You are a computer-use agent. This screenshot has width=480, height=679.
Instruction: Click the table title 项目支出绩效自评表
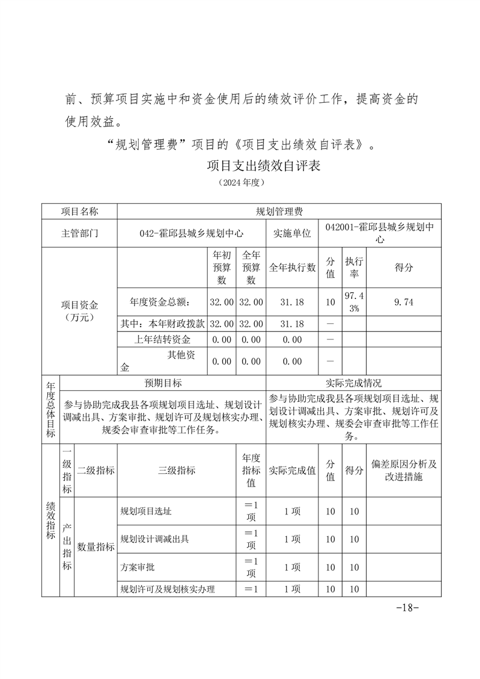263,165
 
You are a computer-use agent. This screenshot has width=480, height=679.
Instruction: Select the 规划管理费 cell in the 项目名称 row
279,211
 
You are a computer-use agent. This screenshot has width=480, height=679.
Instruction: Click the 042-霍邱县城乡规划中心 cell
191,233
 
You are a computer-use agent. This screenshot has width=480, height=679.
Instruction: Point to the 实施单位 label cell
292,233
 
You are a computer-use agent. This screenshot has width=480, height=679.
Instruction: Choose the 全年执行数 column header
292,267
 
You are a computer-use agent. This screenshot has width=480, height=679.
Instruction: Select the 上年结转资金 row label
162,340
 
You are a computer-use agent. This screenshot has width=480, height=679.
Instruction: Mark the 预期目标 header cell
163,383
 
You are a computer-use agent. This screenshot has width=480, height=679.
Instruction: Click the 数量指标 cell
96,546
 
